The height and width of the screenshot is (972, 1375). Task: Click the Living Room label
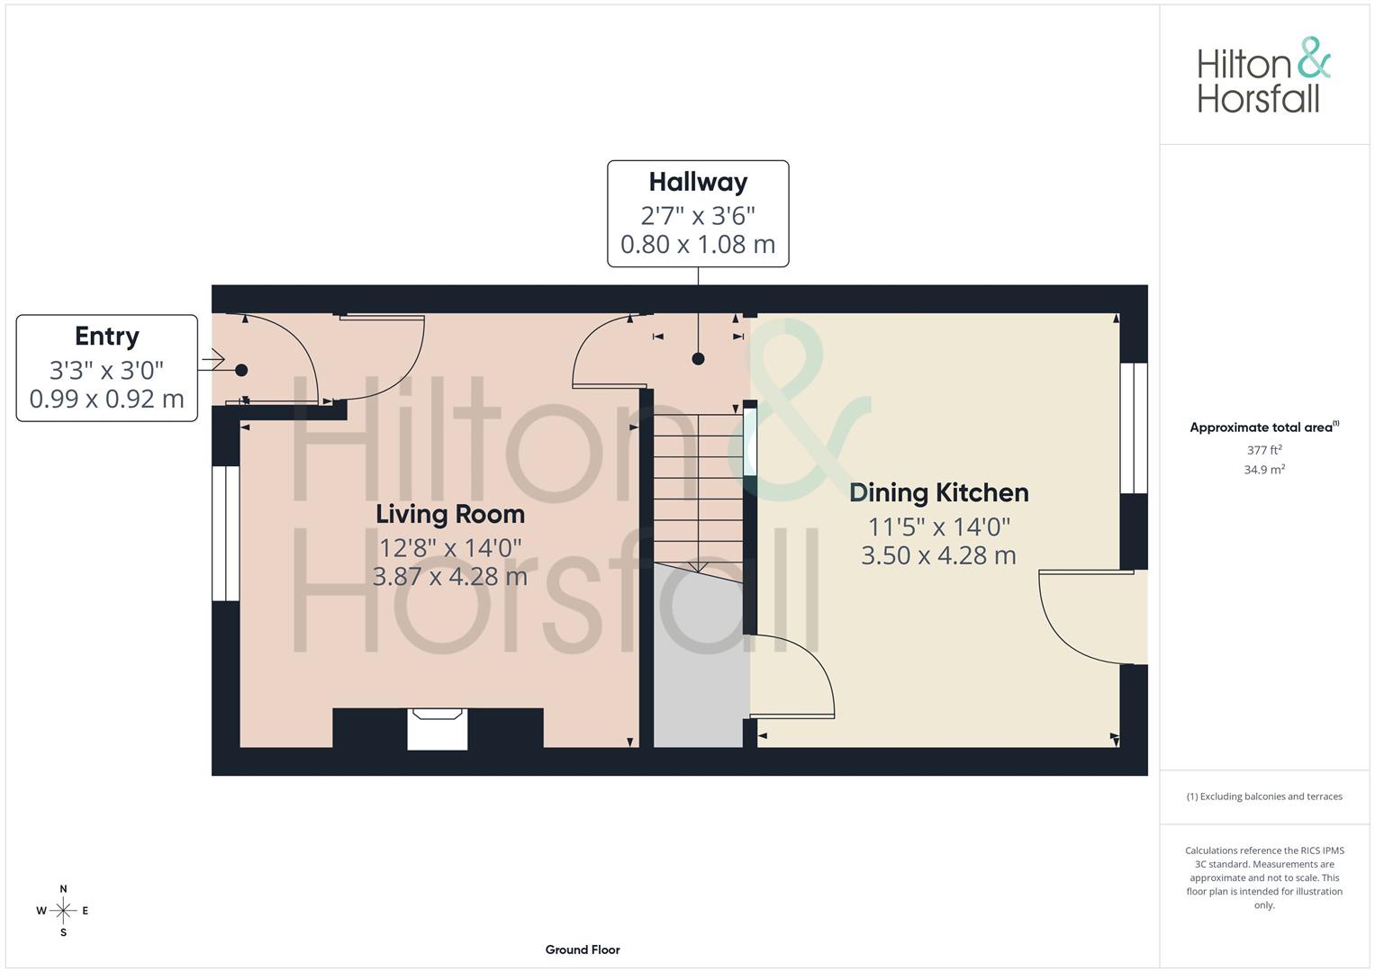(449, 514)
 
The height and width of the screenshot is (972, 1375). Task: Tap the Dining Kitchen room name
(938, 492)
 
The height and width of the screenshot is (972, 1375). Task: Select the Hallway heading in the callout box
(698, 182)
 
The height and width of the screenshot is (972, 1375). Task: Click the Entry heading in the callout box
(106, 336)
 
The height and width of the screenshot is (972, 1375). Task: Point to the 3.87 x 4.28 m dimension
(449, 576)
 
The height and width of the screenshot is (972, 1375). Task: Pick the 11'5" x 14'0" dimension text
(938, 526)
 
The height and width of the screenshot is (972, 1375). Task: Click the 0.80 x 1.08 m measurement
(698, 244)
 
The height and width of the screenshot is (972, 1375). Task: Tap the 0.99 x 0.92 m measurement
(106, 399)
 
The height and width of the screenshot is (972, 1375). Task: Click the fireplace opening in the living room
(437, 729)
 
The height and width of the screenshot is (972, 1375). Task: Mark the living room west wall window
(225, 533)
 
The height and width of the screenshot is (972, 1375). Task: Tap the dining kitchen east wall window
(1135, 428)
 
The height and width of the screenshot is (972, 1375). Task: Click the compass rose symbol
(63, 911)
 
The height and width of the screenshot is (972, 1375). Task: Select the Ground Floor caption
(583, 949)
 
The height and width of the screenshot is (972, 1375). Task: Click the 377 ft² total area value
(1263, 450)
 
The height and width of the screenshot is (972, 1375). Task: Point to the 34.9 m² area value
(1263, 470)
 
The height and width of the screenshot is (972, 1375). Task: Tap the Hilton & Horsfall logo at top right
(1262, 76)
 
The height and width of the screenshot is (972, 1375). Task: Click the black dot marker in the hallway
(698, 359)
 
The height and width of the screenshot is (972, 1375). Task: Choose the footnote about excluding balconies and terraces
(1263, 796)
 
